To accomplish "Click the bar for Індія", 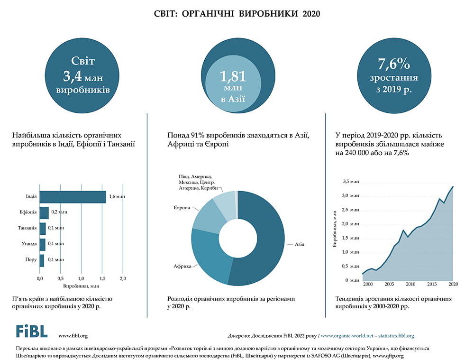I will [x=73, y=196].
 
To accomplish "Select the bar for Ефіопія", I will [x=44, y=212].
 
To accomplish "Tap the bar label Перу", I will [x=31, y=259].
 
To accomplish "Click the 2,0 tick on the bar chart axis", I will [x=123, y=277].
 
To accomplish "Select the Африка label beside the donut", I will [x=182, y=267].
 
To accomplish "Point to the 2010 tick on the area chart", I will [x=410, y=284].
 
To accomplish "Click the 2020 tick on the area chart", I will [x=453, y=284].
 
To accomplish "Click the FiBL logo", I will [x=31, y=331].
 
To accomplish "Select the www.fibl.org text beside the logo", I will [x=73, y=336].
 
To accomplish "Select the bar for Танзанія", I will [x=43, y=228].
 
